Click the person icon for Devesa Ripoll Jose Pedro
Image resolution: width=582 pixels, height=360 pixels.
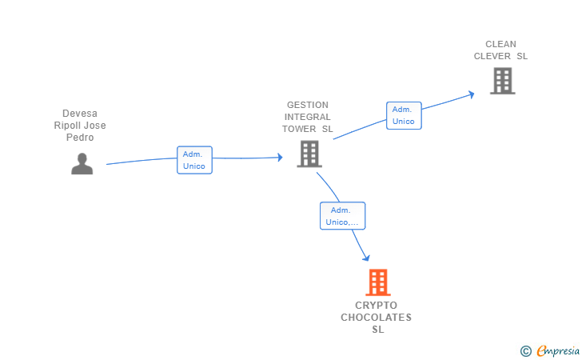point(82,163)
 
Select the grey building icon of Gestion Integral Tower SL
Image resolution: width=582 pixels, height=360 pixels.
point(309,154)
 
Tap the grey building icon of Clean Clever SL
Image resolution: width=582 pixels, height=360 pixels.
point(502,81)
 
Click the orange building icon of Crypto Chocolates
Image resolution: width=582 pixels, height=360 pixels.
point(378,282)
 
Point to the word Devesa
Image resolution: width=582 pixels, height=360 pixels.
point(80,114)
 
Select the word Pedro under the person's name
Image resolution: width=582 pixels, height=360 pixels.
point(80,138)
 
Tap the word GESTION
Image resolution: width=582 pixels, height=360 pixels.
point(308,105)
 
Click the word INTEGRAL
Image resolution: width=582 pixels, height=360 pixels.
point(308,117)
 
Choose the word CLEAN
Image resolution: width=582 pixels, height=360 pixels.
point(500,44)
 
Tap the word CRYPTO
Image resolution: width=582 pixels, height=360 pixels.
point(376,306)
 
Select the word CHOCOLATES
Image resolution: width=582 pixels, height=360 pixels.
point(376,318)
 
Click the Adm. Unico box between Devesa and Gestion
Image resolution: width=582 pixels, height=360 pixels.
point(194,160)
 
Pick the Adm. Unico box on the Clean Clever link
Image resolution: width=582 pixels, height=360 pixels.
point(404,115)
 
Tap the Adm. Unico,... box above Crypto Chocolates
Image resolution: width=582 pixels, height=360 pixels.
point(342,216)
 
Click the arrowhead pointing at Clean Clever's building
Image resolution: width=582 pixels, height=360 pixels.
point(472,94)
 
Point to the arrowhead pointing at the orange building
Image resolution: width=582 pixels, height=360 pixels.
point(366,258)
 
